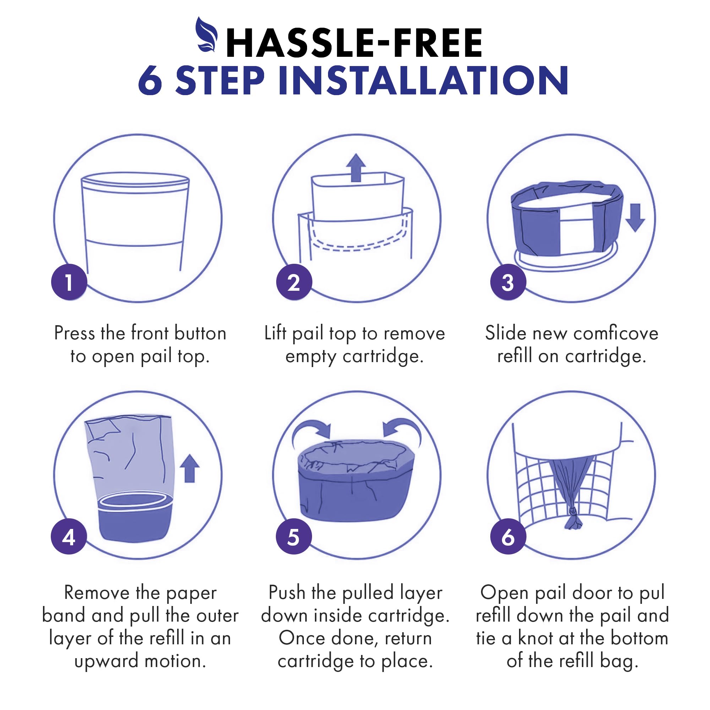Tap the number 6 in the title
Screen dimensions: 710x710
tap(150, 81)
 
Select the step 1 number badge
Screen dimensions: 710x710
tap(69, 282)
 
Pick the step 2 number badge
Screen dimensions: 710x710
tap(294, 282)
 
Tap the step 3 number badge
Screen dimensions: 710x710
tap(508, 282)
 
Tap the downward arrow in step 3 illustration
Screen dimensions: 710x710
tap(635, 218)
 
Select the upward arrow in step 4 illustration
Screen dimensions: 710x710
tap(189, 468)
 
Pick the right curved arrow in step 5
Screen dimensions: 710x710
tap(402, 432)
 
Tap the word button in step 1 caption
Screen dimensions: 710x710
tap(200, 333)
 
